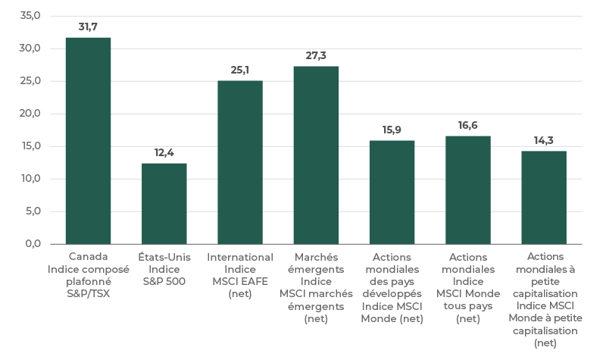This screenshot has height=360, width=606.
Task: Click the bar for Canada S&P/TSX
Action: pos(88,140)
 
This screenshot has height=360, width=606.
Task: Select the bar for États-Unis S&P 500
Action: pos(164,203)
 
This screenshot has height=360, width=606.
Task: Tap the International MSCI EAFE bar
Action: pos(240,162)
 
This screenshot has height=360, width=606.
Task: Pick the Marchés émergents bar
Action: pos(316,155)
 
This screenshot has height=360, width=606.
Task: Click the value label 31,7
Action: pos(88,27)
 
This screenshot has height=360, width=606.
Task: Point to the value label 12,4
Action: pos(164,153)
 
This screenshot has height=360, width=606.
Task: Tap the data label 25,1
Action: pos(240,70)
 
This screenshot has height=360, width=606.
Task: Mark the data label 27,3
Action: pos(316,56)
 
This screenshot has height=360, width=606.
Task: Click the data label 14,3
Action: pos(543,140)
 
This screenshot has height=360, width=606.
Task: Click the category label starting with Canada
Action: pos(88,275)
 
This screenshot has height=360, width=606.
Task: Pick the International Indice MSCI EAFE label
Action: pos(240,275)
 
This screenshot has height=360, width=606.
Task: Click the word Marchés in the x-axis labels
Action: pos(316,257)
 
